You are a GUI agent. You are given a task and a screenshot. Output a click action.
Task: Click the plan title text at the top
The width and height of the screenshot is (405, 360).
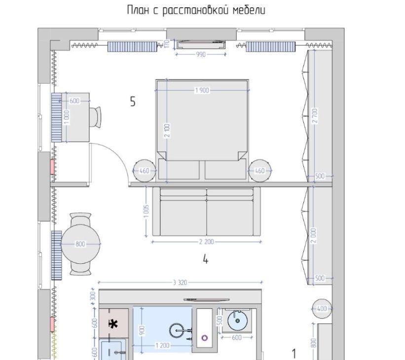pos(196,10)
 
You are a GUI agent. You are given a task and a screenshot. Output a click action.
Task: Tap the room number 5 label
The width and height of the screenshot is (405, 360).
pos(133,102)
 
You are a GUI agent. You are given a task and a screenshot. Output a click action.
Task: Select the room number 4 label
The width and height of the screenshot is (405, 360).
pos(205,259)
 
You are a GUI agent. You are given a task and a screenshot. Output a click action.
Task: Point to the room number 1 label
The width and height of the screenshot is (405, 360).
pos(294,354)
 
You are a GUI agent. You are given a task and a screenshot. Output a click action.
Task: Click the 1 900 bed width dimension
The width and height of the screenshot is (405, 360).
pos(202,90)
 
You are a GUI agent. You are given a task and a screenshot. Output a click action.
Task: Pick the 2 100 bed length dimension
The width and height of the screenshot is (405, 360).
pos(167,131)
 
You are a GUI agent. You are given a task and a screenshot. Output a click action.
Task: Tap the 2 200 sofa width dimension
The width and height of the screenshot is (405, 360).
pos(207,242)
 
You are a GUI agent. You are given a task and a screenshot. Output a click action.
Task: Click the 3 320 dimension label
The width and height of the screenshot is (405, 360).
pos(180,283)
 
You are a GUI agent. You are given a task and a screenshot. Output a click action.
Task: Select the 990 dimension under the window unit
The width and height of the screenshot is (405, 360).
pos(201,54)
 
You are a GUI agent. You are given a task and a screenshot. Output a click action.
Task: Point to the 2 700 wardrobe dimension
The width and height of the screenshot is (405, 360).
pos(315,116)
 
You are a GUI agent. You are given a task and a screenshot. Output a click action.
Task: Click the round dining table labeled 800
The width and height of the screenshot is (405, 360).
pos(80,244)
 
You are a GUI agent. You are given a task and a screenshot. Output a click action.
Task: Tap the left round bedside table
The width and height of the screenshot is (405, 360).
pos(145,171)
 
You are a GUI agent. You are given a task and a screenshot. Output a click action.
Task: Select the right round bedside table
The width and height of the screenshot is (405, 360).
pos(260,171)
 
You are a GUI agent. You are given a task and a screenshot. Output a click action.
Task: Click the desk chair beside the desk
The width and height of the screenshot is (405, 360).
pos(95,117)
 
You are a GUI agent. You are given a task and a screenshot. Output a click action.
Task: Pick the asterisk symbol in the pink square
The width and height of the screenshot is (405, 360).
pos(113,324)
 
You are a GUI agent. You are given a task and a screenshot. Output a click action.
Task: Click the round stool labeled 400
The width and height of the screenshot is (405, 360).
pos(322,309)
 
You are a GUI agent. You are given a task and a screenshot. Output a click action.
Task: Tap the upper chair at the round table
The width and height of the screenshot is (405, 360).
pos(80,219)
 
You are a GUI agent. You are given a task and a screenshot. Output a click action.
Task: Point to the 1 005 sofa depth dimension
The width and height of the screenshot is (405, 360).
pos(146,211)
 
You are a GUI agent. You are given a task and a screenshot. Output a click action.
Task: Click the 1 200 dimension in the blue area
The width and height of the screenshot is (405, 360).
pos(162,345)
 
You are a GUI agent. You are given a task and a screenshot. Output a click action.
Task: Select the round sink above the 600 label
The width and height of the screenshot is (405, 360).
pos(237,321)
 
